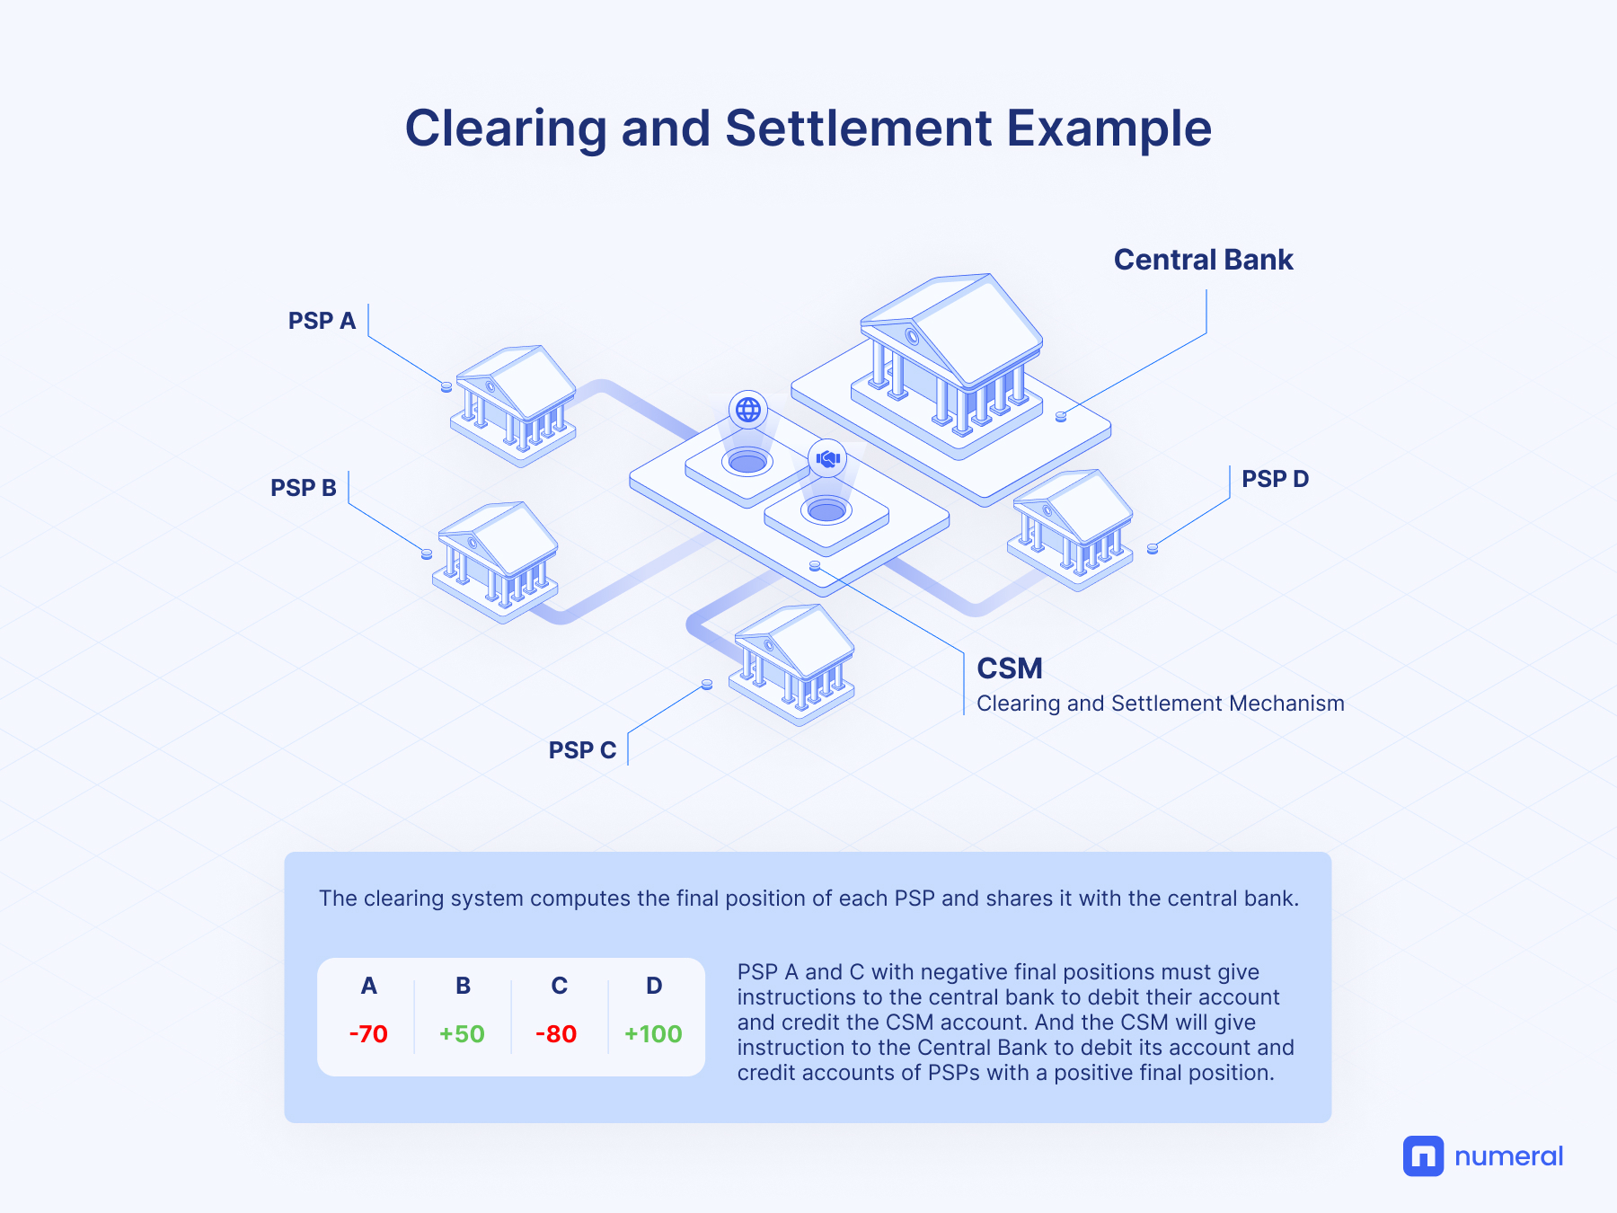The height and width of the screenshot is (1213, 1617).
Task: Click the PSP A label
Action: (322, 321)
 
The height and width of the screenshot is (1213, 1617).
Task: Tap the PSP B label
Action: (304, 488)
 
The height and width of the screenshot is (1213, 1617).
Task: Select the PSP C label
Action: (582, 750)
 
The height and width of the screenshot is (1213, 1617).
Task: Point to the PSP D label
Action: (1275, 479)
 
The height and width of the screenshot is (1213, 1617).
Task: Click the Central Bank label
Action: (1203, 260)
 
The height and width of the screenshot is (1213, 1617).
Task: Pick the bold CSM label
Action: (1010, 668)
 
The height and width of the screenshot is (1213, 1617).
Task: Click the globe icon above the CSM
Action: (748, 410)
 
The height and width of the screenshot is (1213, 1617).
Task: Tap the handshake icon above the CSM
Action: (827, 458)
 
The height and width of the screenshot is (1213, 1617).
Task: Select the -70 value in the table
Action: (368, 1034)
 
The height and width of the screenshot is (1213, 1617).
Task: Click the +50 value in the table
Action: (462, 1034)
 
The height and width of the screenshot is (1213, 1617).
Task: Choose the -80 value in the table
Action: (556, 1034)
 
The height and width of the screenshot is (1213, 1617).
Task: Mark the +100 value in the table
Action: (653, 1034)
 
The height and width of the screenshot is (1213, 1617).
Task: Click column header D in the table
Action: (654, 986)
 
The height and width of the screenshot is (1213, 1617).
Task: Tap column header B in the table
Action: (463, 986)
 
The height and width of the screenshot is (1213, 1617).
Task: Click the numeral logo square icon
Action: (1423, 1156)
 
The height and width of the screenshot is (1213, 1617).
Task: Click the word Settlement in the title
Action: (858, 128)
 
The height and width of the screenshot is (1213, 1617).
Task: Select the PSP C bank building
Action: (791, 665)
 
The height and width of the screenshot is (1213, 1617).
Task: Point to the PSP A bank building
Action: (513, 405)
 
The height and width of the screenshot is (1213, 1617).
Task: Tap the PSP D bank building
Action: (1070, 530)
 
